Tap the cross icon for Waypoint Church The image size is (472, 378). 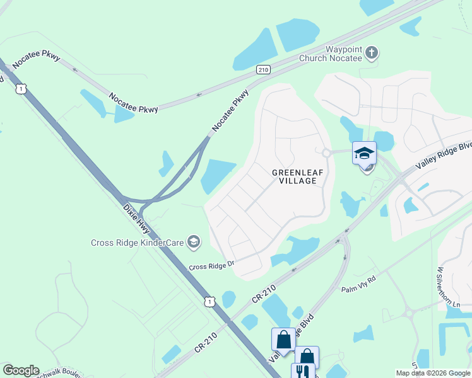pyautogui.click(x=372, y=53)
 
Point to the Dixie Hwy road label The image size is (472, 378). pyautogui.click(x=135, y=212)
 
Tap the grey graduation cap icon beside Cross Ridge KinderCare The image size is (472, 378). pyautogui.click(x=194, y=242)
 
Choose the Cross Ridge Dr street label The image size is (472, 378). pyautogui.click(x=212, y=266)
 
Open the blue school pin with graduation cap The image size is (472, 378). pyautogui.click(x=364, y=153)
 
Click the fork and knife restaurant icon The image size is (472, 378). pyautogui.click(x=302, y=372)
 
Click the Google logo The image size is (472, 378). pyautogui.click(x=21, y=370)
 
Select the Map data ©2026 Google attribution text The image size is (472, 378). pyautogui.click(x=432, y=373)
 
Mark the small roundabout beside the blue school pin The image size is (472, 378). pyautogui.click(x=326, y=152)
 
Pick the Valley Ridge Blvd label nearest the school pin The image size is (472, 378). pyautogui.click(x=444, y=153)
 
